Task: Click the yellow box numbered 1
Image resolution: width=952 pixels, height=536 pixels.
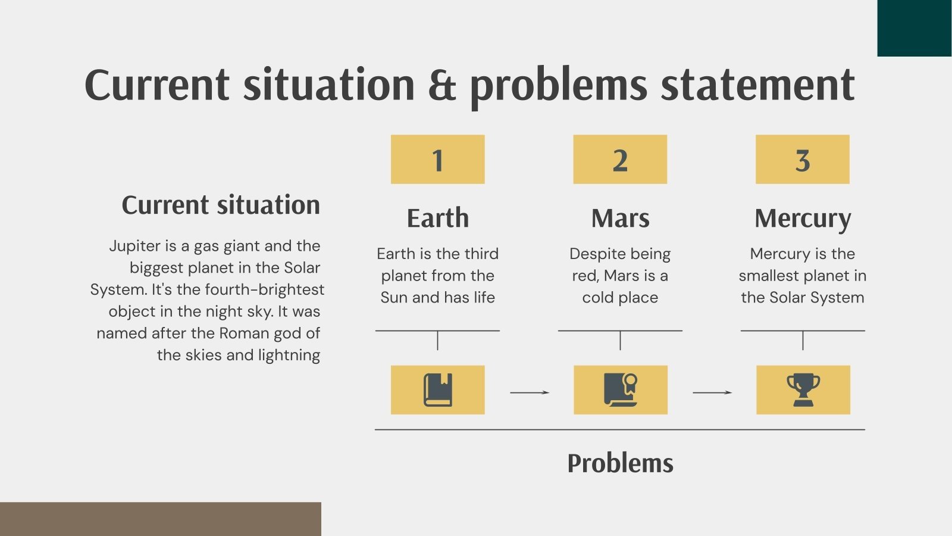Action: [438, 160]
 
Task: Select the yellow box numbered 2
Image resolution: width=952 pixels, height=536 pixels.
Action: [620, 160]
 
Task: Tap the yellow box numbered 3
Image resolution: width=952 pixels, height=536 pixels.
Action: [803, 160]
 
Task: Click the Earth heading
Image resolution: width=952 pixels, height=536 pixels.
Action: [438, 218]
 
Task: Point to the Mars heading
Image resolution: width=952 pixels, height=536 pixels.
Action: [620, 218]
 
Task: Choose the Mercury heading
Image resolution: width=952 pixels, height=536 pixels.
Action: [803, 219]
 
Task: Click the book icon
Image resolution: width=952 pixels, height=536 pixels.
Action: [438, 390]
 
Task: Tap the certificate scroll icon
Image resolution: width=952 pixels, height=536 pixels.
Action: [621, 390]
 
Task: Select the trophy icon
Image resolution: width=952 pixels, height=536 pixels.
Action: [803, 390]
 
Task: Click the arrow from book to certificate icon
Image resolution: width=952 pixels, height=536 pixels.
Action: [530, 392]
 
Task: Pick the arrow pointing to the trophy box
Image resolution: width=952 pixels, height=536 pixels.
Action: [712, 392]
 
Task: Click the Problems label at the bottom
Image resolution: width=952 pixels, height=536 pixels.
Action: [620, 463]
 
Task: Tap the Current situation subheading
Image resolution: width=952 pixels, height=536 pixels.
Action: [221, 205]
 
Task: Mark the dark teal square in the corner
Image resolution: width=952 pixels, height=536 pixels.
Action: [915, 28]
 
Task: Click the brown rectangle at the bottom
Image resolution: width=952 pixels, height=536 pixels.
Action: [161, 519]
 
